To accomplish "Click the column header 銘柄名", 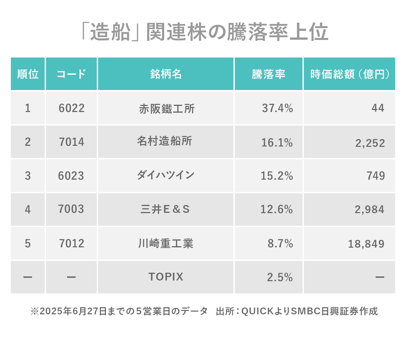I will coord(166,74).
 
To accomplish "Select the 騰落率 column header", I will coord(269,74).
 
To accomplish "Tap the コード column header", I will coord(71,74).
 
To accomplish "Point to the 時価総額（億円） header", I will coord(349,74).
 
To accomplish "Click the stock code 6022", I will coord(71,108).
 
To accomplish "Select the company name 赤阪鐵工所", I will coord(166,109).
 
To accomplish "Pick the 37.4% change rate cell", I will coord(277,108).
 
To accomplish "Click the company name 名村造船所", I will coord(164,141).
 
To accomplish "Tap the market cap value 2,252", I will coord(370,143).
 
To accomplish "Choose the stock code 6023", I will coord(71,176).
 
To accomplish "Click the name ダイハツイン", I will coord(165,175).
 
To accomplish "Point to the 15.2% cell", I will coord(277,176).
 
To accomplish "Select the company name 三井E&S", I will coord(165,209).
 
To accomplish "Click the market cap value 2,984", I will coord(369,209).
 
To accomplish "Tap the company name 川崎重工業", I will coord(165,243).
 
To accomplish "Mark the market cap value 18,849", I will coord(366,244).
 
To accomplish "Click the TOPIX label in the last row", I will coord(166,277).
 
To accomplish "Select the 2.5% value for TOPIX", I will coord(280,277).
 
